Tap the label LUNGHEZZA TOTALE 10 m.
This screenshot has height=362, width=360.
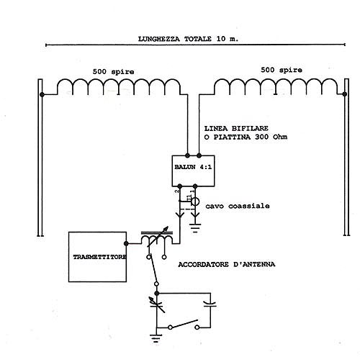point(188,39)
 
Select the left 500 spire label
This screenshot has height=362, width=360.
point(113,72)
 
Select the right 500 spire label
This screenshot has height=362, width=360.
point(282,70)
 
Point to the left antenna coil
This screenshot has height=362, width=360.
point(119,80)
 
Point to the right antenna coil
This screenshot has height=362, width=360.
point(276,80)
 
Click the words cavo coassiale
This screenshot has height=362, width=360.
point(238,206)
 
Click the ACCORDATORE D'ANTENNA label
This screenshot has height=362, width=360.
point(227,264)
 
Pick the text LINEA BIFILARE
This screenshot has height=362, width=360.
point(236,128)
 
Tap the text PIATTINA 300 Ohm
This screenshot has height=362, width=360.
point(251,137)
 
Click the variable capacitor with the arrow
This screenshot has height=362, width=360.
point(156,304)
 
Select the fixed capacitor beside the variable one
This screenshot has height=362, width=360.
point(210,304)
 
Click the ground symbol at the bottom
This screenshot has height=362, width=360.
point(156,338)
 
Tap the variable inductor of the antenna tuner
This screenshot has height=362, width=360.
point(157,237)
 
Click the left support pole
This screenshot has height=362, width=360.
point(40,158)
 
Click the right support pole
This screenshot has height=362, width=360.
point(346,157)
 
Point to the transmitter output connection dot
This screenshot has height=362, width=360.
point(126,244)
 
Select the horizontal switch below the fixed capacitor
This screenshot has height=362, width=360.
point(184,325)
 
